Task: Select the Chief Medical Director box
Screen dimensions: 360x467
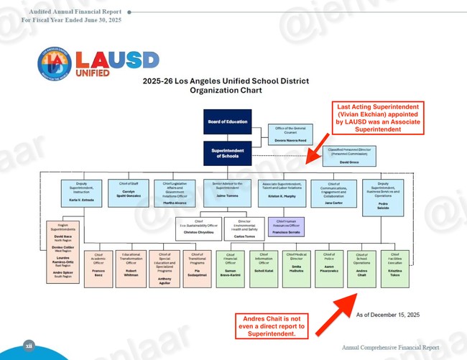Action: point(290,267)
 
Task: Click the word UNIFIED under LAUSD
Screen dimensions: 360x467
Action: point(93,72)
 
